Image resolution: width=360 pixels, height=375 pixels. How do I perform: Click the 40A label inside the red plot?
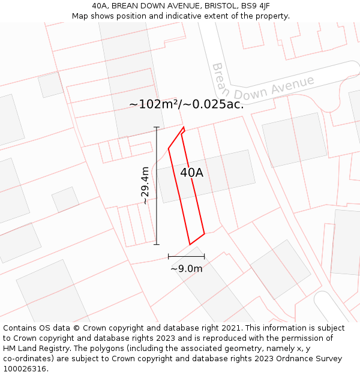pyautogui.click(x=191, y=173)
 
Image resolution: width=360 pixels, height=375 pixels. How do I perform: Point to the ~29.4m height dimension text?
pyautogui.click(x=145, y=186)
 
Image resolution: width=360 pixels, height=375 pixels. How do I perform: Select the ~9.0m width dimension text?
pyautogui.click(x=187, y=269)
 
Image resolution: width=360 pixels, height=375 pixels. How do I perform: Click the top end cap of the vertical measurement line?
pyautogui.click(x=157, y=127)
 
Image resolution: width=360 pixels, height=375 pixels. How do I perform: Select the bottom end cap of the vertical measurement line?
pyautogui.click(x=157, y=244)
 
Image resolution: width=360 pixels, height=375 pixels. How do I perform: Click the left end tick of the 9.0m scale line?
pyautogui.click(x=169, y=256)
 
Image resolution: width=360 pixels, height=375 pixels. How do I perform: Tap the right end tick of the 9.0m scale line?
pyautogui.click(x=205, y=256)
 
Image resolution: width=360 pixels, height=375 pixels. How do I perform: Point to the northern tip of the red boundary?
pyautogui.click(x=184, y=127)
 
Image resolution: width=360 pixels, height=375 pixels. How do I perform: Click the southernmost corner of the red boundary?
pyautogui.click(x=190, y=244)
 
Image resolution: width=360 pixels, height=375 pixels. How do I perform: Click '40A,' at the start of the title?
pyautogui.click(x=101, y=5)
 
